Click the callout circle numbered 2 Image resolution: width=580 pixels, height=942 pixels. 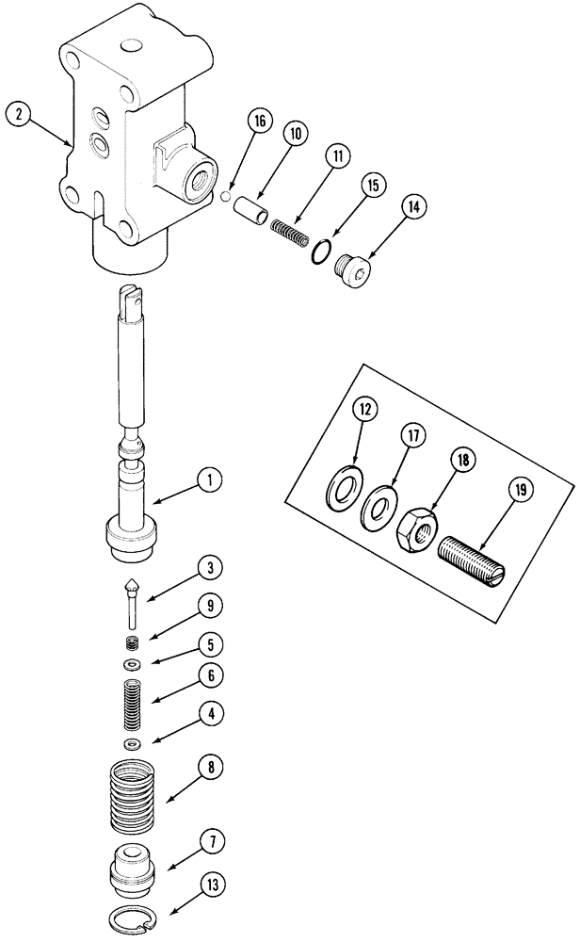pos(19,115)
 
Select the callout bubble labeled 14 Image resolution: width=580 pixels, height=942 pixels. pos(411,205)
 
